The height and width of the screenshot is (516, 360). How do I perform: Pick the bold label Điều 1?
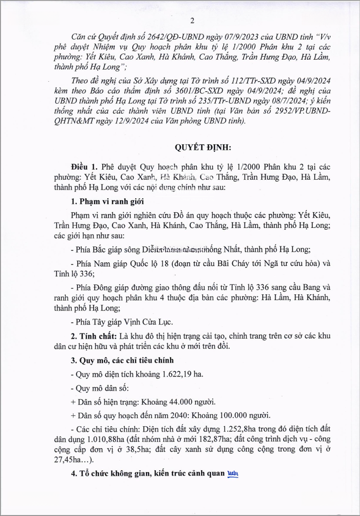click(84, 167)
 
